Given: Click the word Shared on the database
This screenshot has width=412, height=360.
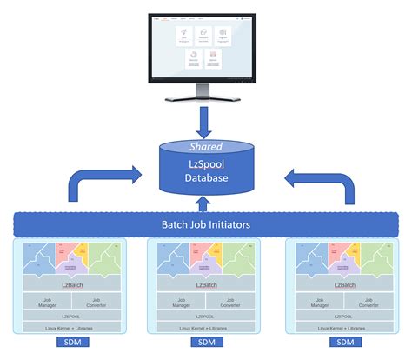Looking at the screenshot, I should coord(206,146).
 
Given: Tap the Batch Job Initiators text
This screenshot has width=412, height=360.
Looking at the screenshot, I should coord(205,224).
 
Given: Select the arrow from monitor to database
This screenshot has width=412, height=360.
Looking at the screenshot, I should coord(206,118).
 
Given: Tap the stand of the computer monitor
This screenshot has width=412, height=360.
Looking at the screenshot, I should coord(206,93).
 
